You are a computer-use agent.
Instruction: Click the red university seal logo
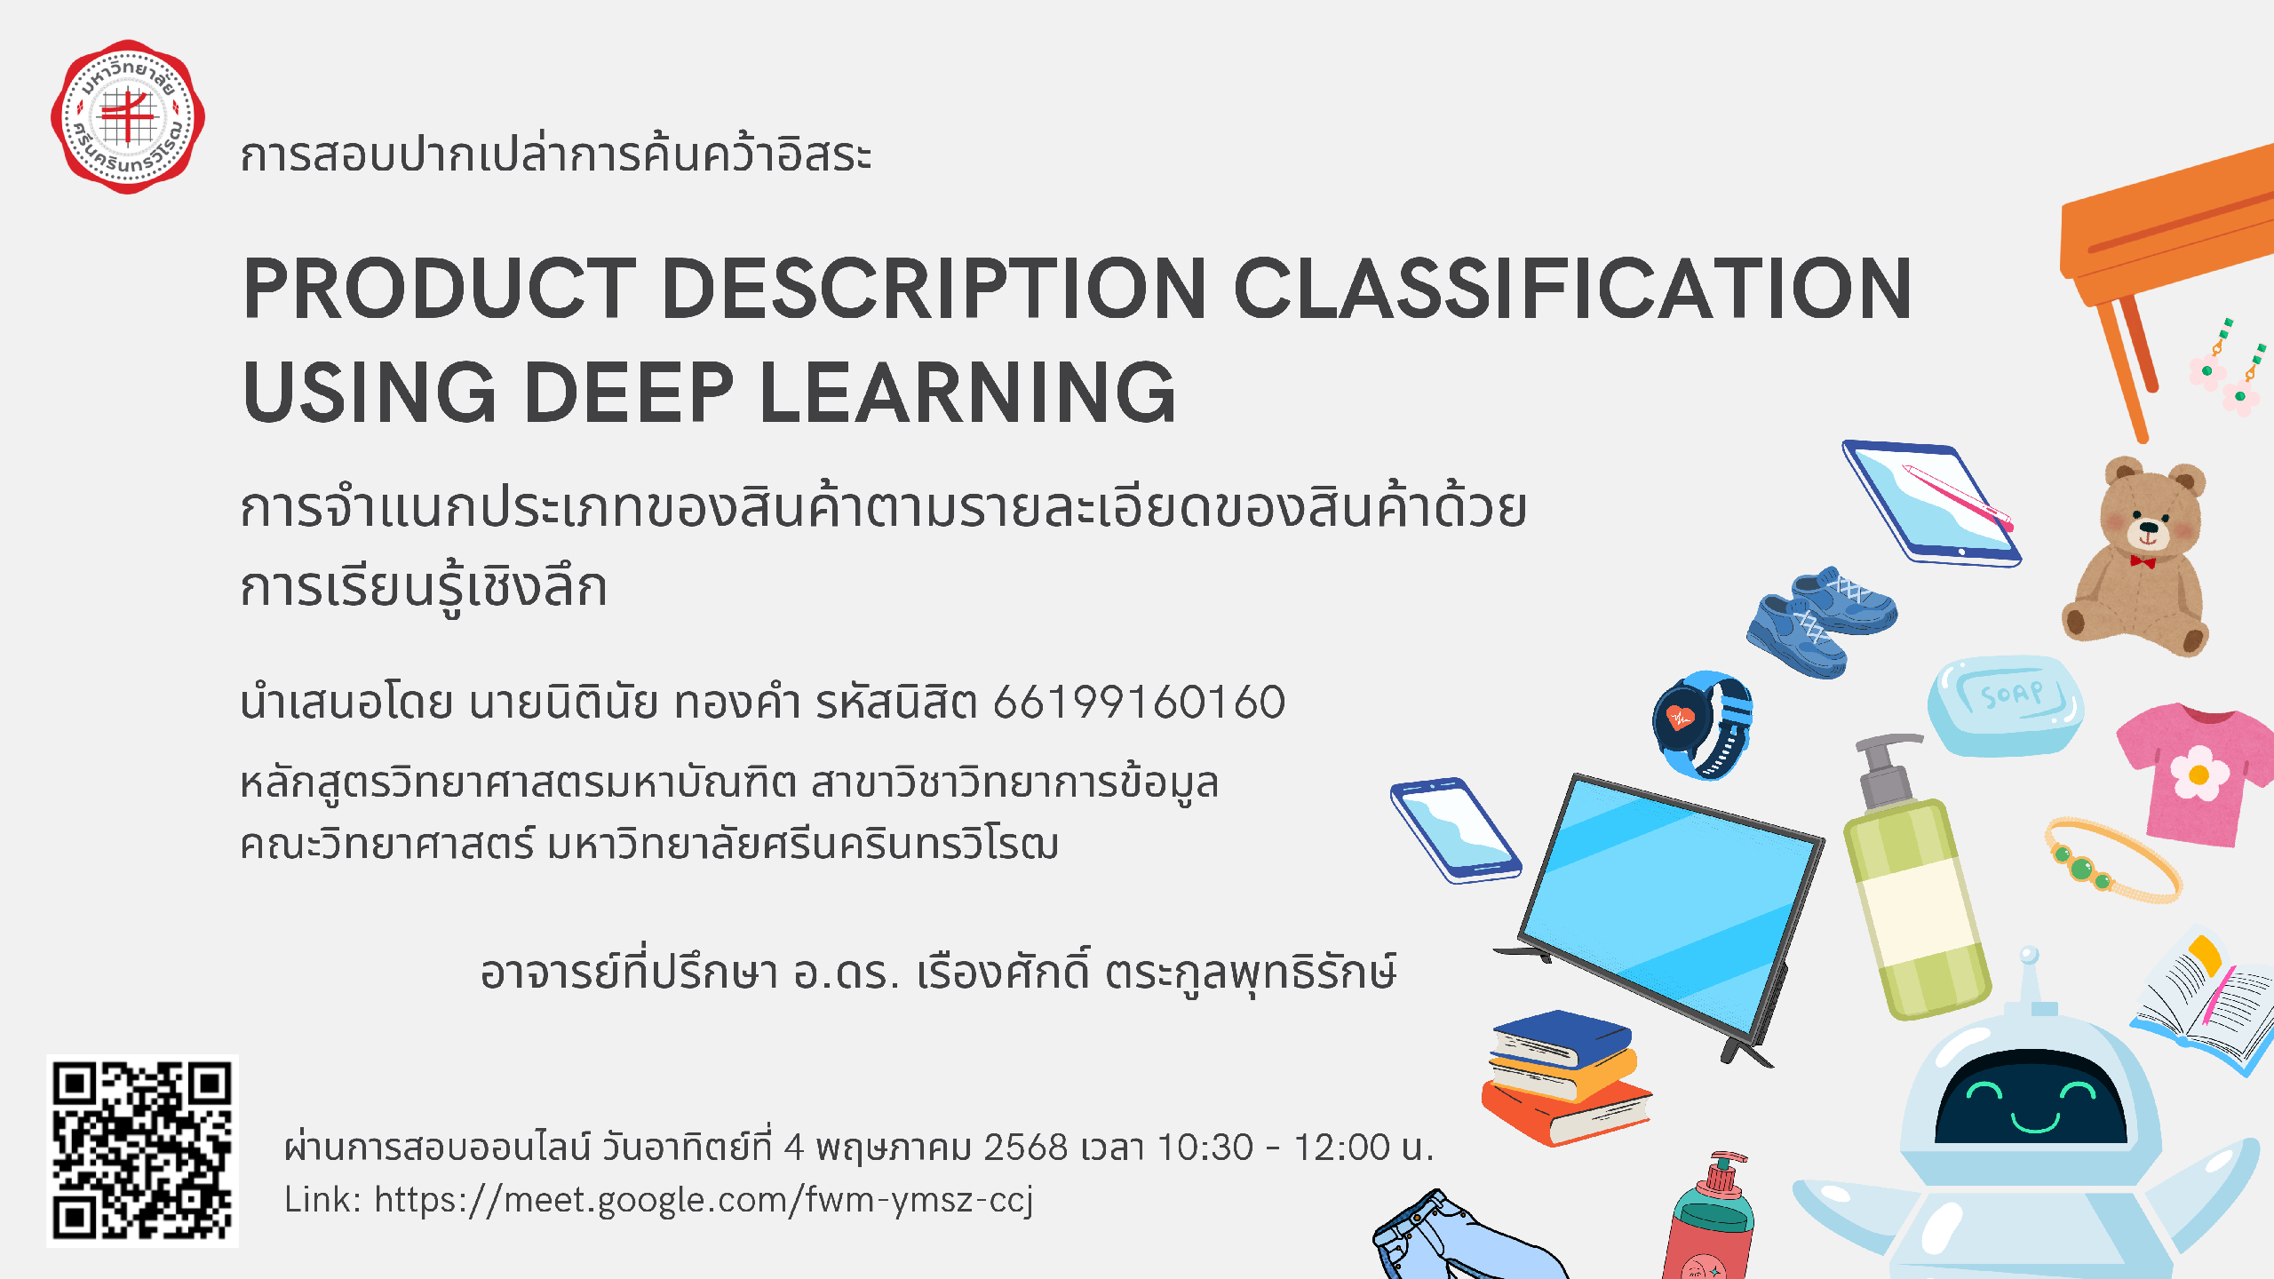pyautogui.click(x=128, y=116)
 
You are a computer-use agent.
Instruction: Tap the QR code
pyautogui.click(x=142, y=1150)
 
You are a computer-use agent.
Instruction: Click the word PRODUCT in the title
pyautogui.click(x=440, y=289)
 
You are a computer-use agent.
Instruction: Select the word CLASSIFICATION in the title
pyautogui.click(x=1572, y=289)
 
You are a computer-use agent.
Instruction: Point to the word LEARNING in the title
pyautogui.click(x=967, y=393)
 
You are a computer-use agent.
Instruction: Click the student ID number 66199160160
pyautogui.click(x=1139, y=702)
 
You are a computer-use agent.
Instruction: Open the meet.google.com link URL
pyautogui.click(x=704, y=1200)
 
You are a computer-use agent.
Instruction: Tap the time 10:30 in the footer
pyautogui.click(x=1205, y=1147)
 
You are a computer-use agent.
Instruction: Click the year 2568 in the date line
pyautogui.click(x=1025, y=1147)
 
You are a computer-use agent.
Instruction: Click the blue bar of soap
pyautogui.click(x=2006, y=705)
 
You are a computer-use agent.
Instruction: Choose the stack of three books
pyautogui.click(x=1566, y=1077)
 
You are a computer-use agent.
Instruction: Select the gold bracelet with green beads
pyautogui.click(x=2112, y=861)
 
